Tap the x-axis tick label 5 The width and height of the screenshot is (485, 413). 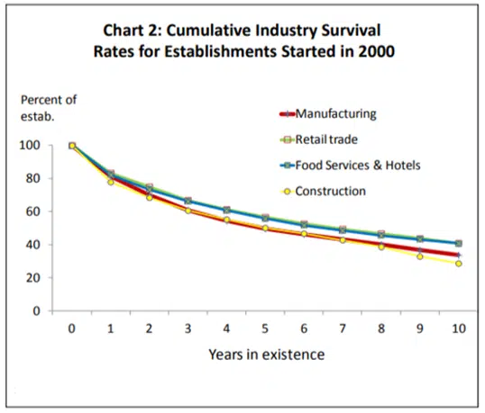tap(265, 328)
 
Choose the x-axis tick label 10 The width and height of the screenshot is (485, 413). tap(458, 328)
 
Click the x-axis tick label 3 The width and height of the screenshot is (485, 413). tap(188, 328)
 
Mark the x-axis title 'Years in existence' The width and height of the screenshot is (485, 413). tap(265, 355)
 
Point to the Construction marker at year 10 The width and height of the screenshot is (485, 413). tap(459, 263)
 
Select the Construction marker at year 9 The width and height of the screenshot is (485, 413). tap(420, 256)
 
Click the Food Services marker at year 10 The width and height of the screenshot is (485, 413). tap(459, 243)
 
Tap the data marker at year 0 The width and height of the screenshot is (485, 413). tap(72, 145)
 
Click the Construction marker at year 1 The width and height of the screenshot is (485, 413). tap(111, 182)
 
